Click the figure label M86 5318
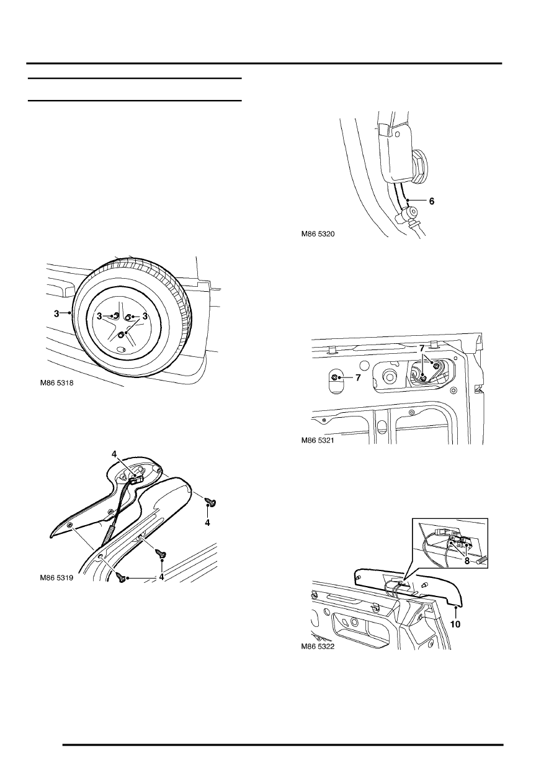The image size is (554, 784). pos(56,383)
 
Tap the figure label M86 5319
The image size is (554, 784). pos(56,578)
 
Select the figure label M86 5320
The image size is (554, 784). pos(318,234)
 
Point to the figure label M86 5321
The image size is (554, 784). pos(318,440)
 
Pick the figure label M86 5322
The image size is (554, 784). pos(318,646)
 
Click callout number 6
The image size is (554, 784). pos(432,201)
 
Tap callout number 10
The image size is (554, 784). pos(455,624)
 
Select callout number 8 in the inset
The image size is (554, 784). pos(467,561)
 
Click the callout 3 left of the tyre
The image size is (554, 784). pos(56,314)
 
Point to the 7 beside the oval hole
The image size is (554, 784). pos(358,378)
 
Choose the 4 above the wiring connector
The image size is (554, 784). pos(114,454)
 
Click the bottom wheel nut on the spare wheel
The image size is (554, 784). pos(121,335)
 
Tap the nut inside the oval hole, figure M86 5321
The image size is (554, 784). pos(336,377)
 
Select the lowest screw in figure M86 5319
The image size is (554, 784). pos(120,577)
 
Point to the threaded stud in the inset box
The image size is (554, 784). pos(481,562)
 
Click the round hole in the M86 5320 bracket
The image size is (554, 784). pos(397,133)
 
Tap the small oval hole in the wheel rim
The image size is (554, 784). pos(121,349)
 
